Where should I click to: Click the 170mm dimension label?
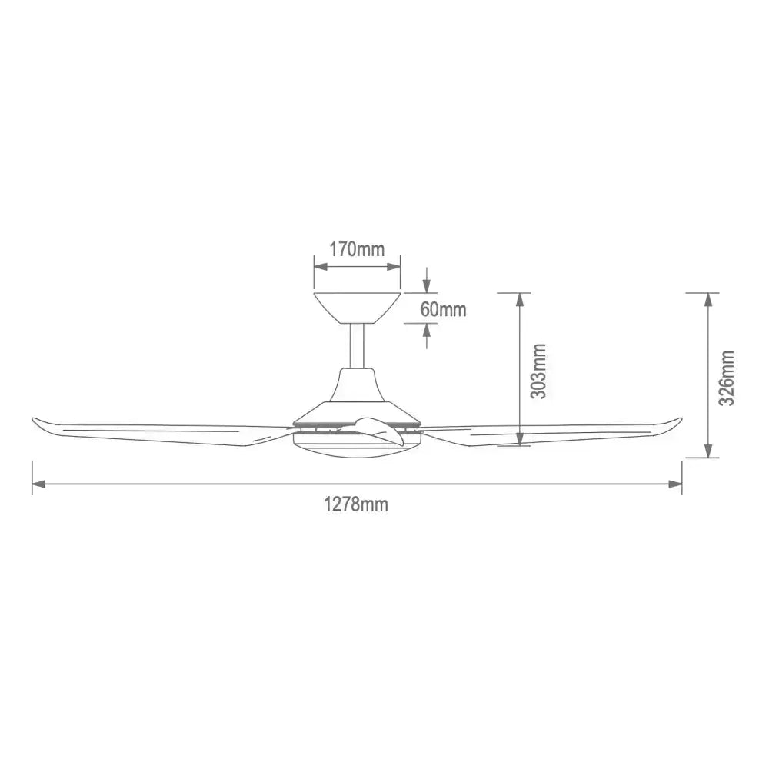[357, 249]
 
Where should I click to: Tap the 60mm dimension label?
[443, 309]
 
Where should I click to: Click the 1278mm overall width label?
[355, 504]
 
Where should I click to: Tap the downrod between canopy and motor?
[358, 346]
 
